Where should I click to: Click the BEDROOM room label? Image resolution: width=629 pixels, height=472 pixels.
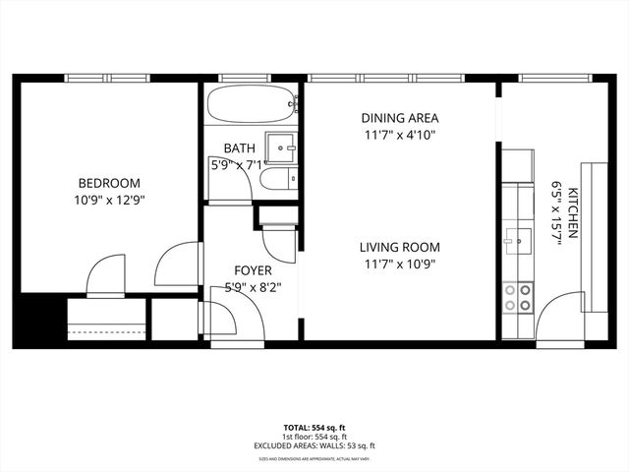(x=109, y=183)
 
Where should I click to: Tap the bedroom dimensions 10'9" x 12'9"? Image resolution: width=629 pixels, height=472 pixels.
(x=109, y=200)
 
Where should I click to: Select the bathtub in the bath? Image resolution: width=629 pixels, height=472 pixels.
(x=253, y=104)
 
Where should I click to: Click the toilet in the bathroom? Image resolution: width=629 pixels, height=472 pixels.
(x=275, y=179)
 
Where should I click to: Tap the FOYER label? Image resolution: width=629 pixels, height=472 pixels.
(x=253, y=270)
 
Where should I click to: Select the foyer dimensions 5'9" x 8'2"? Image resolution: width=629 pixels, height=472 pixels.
(x=253, y=288)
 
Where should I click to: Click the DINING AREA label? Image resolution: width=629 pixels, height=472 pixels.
(x=399, y=118)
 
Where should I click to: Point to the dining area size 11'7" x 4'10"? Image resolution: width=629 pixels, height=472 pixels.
(x=399, y=136)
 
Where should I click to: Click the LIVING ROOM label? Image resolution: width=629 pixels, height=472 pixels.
(x=399, y=247)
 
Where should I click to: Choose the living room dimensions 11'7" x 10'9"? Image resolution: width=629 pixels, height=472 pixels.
(x=399, y=264)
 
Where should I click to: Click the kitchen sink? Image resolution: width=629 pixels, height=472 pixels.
(x=517, y=238)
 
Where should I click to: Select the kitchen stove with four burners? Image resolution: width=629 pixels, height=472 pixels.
(x=518, y=297)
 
